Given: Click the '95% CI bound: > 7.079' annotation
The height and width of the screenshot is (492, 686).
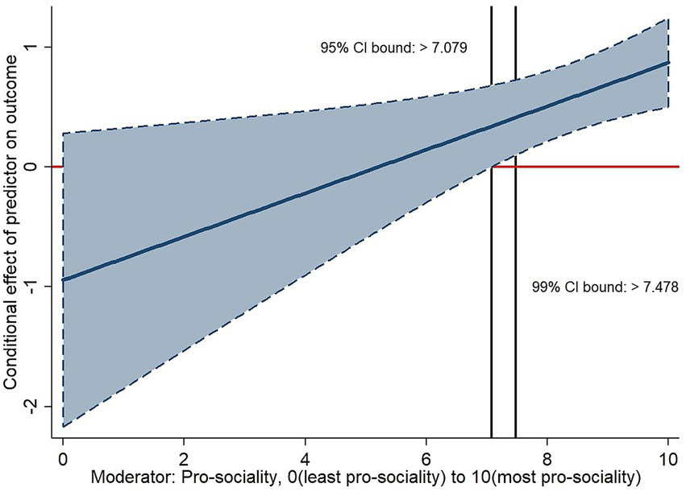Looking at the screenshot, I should coord(395,48).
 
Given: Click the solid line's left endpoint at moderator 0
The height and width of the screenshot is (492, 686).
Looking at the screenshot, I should coord(63,279).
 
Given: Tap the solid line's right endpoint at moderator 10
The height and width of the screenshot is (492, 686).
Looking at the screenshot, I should coord(668,62).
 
